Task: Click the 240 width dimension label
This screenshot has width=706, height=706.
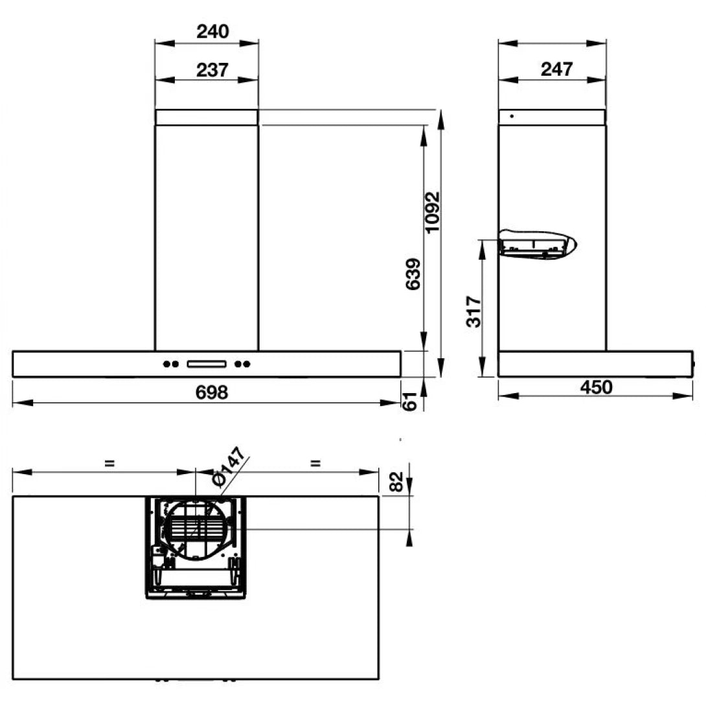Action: (x=213, y=31)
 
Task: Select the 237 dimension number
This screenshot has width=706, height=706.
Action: (x=213, y=69)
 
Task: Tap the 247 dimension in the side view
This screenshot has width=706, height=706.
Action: (x=556, y=69)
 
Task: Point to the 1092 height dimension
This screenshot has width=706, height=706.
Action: (x=433, y=212)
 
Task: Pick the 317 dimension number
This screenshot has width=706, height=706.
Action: (x=473, y=312)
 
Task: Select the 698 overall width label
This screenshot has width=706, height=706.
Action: (x=212, y=392)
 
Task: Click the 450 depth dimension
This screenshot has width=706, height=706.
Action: (x=596, y=387)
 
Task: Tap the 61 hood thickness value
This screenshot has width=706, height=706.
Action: (x=408, y=402)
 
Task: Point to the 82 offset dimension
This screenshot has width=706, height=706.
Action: (x=398, y=481)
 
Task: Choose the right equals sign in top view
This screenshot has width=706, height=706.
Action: (x=315, y=462)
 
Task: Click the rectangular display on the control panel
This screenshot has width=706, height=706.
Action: (x=207, y=364)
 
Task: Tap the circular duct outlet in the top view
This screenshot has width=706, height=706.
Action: (x=196, y=529)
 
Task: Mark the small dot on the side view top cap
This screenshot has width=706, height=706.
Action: (x=512, y=117)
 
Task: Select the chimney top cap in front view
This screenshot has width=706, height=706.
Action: (x=207, y=117)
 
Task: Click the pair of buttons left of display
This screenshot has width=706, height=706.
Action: (x=170, y=364)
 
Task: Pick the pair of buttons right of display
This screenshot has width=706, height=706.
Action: (x=243, y=364)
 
